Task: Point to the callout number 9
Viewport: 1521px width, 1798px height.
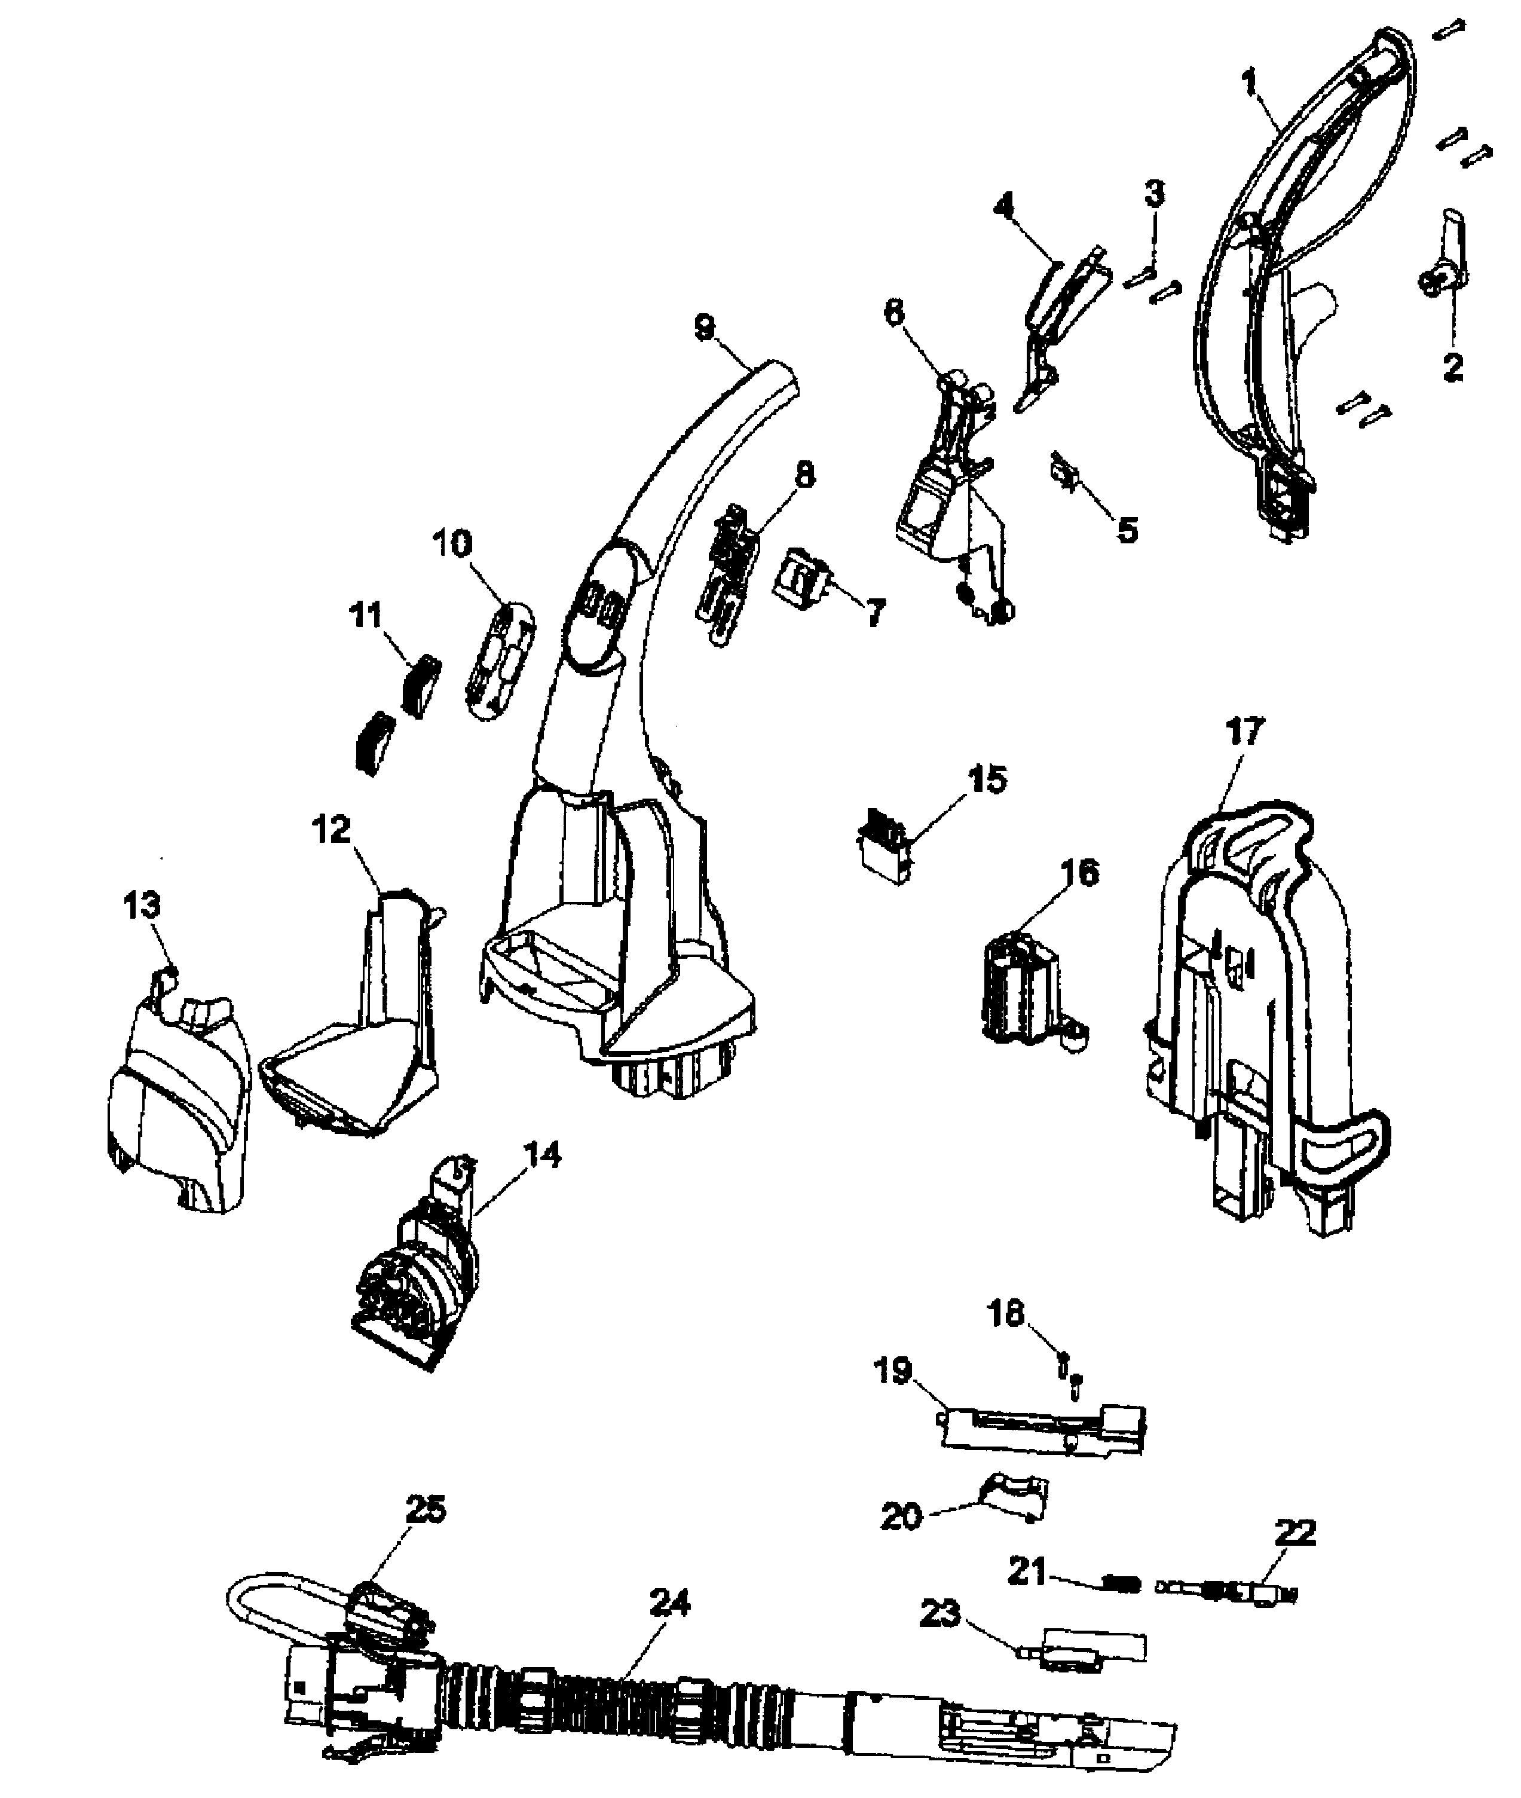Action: click(705, 327)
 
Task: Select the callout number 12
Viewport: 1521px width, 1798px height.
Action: click(332, 830)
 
